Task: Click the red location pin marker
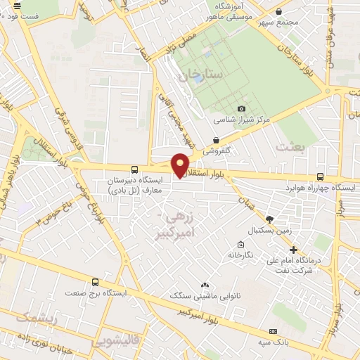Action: pyautogui.click(x=181, y=164)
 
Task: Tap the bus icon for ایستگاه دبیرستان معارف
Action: pyautogui.click(x=134, y=169)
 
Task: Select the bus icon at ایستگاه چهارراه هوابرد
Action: pyautogui.click(x=321, y=177)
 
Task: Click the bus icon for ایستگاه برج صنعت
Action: pyautogui.click(x=95, y=281)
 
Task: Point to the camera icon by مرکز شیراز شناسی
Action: pyautogui.click(x=242, y=108)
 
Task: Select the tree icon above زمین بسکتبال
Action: pyautogui.click(x=272, y=219)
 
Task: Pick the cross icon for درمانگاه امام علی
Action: pyautogui.click(x=294, y=249)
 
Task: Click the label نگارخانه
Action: pyautogui.click(x=240, y=256)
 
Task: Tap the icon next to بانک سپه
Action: pyautogui.click(x=272, y=331)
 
